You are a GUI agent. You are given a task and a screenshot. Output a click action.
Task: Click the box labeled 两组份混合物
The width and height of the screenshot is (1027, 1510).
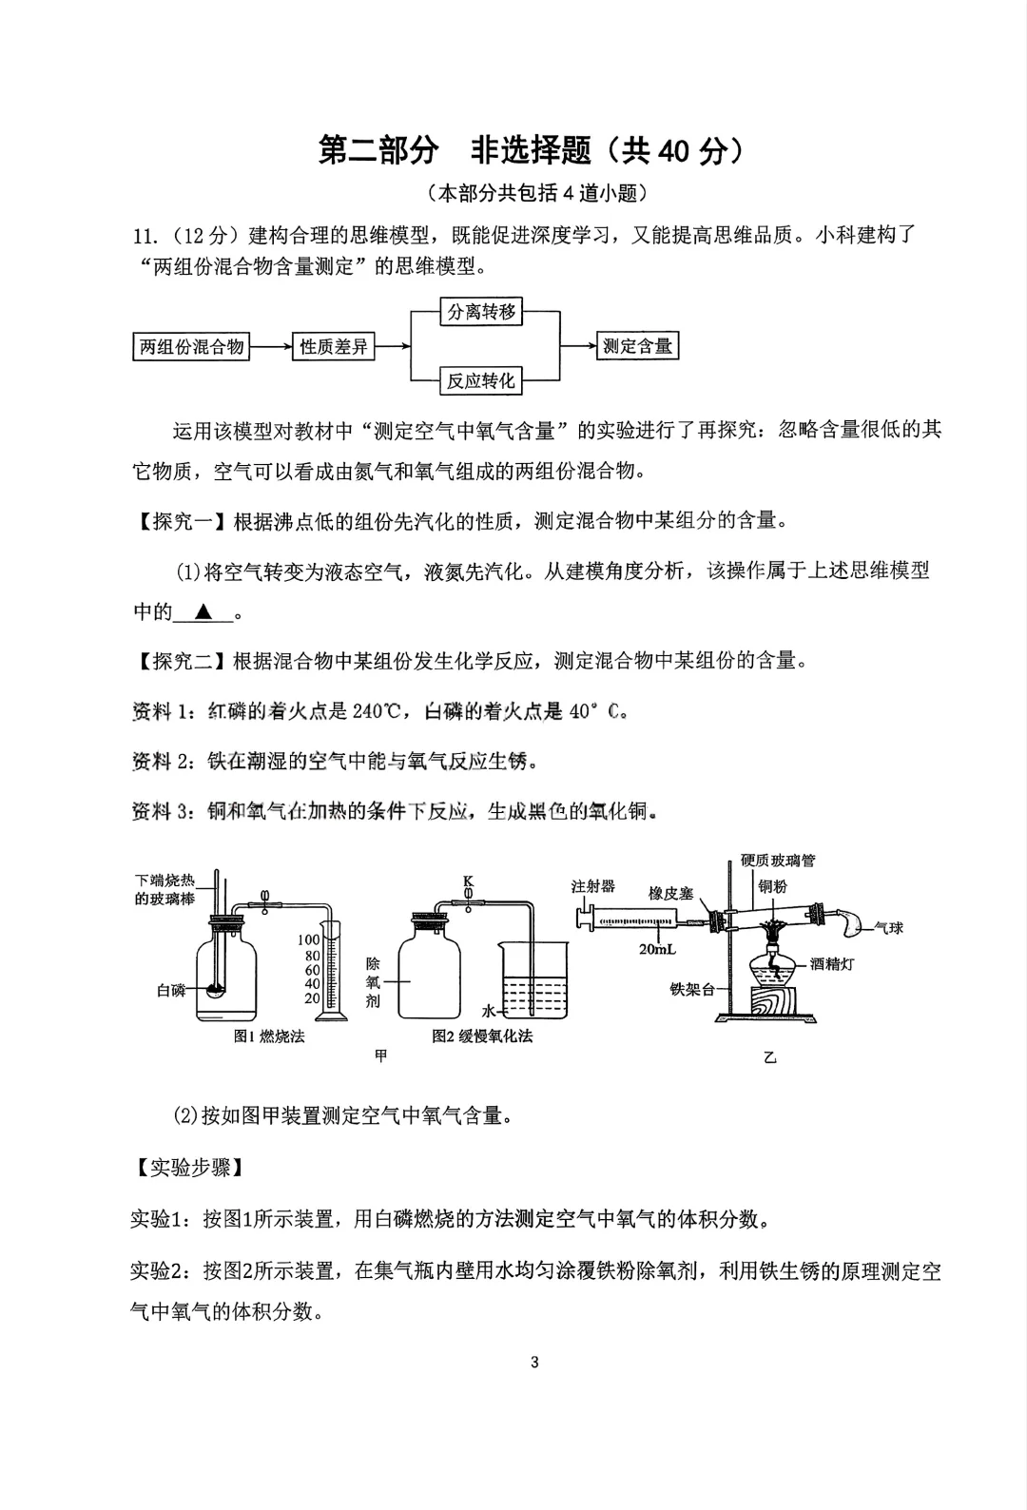[x=191, y=347]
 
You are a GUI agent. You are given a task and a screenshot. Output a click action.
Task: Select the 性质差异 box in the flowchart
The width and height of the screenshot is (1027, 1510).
[x=334, y=347]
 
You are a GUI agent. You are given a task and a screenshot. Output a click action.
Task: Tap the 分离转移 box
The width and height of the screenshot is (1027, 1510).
[x=482, y=312]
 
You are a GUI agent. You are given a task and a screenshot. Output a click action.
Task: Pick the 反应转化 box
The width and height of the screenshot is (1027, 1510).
[x=482, y=381]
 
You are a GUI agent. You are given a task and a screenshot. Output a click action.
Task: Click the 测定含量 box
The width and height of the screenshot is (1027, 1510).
[x=638, y=346]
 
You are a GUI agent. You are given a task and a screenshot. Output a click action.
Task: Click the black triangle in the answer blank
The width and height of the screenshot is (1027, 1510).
[x=203, y=612]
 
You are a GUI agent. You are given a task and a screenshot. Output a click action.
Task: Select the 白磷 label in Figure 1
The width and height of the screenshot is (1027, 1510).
[x=171, y=990]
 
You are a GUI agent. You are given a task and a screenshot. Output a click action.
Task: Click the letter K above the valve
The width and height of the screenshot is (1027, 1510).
[x=468, y=881]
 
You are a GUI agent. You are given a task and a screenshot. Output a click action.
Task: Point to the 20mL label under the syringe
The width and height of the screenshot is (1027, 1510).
[x=658, y=949]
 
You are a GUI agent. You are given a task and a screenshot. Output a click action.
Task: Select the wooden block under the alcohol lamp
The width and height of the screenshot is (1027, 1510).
[x=773, y=1003]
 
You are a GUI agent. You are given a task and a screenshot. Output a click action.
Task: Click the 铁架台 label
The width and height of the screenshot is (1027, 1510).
[x=691, y=989]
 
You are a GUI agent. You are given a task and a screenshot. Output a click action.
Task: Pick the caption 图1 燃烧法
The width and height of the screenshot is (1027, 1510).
[x=269, y=1036]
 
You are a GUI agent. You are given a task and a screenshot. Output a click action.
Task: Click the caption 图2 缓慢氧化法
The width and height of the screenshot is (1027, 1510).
[x=482, y=1036]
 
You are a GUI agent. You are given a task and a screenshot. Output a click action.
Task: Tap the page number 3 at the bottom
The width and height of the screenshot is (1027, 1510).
[x=534, y=1362]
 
